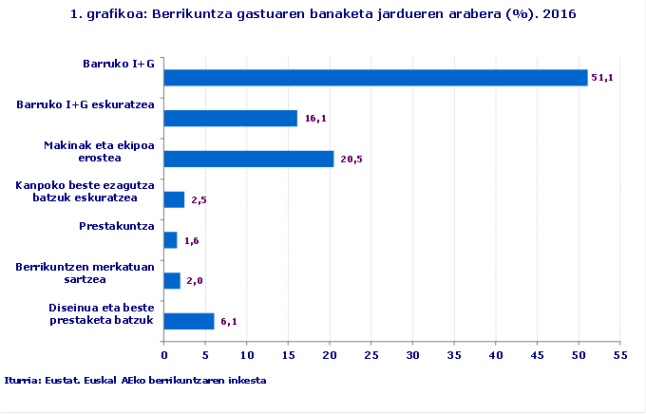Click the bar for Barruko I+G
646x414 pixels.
click(x=375, y=78)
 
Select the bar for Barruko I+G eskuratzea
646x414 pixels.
click(x=231, y=118)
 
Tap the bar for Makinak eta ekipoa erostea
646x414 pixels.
click(x=249, y=159)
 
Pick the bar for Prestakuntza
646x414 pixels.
click(x=171, y=240)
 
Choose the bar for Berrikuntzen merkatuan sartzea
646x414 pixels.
click(x=172, y=281)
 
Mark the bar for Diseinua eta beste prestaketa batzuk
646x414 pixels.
click(x=189, y=322)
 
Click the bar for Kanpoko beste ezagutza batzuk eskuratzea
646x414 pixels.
click(x=174, y=199)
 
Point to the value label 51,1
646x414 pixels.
click(x=601, y=78)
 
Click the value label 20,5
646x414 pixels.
click(x=351, y=159)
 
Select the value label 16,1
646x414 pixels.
click(x=314, y=119)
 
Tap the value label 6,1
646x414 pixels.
click(x=228, y=322)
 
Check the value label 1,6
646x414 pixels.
click(x=191, y=241)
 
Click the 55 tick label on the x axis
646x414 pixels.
click(x=620, y=355)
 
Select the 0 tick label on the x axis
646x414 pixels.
click(x=164, y=355)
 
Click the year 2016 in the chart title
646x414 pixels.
click(x=560, y=15)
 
